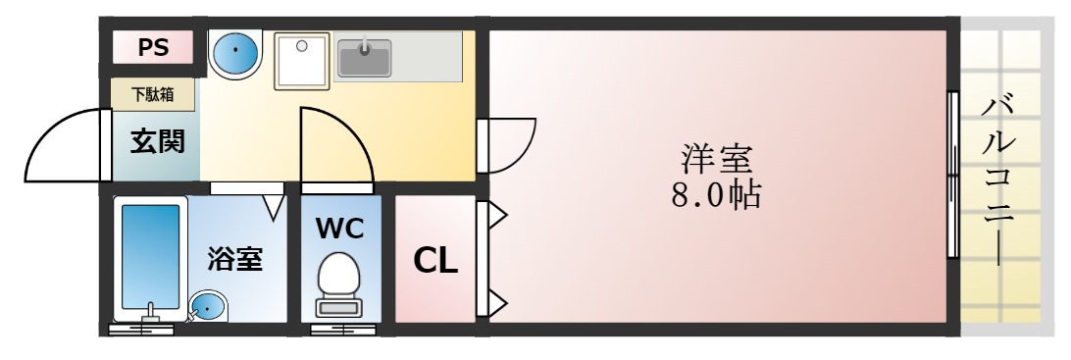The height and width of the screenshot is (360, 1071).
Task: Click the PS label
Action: click(x=152, y=46)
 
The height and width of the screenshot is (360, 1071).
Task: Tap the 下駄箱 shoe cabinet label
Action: click(x=152, y=95)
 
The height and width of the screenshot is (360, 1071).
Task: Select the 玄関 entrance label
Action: click(x=157, y=142)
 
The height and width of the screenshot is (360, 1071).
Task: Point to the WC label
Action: click(x=339, y=229)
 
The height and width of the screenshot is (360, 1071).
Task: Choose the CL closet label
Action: click(x=434, y=260)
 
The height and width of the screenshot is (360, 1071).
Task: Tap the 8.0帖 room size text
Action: click(x=717, y=195)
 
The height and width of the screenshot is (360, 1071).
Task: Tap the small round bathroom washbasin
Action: click(x=207, y=306)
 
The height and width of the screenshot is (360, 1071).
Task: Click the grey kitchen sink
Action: click(x=365, y=57)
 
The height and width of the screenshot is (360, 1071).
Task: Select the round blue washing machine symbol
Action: click(x=235, y=54)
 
